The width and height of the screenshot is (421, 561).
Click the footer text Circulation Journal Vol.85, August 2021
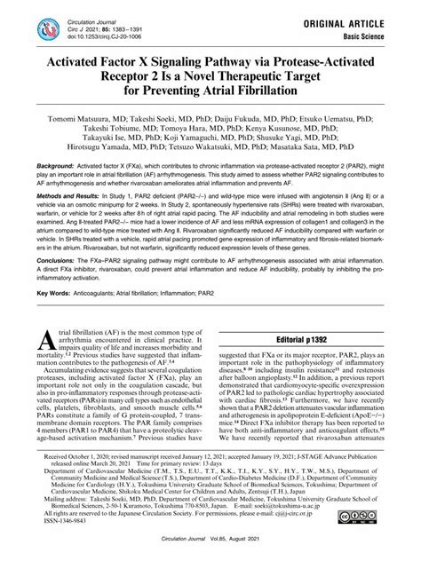point(210,548)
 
